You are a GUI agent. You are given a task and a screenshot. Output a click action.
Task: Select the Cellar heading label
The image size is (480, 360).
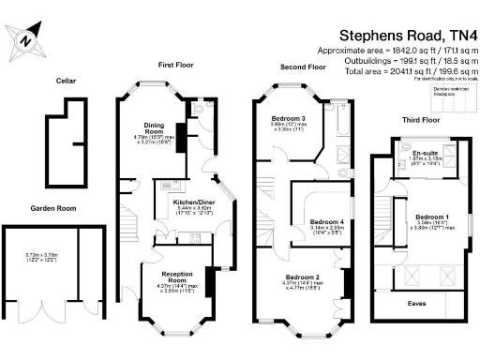coord(65,81)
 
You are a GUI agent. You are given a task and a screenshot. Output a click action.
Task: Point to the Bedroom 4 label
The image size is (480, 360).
coord(329,222)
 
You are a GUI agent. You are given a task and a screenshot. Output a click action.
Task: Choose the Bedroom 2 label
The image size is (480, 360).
coord(304,277)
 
